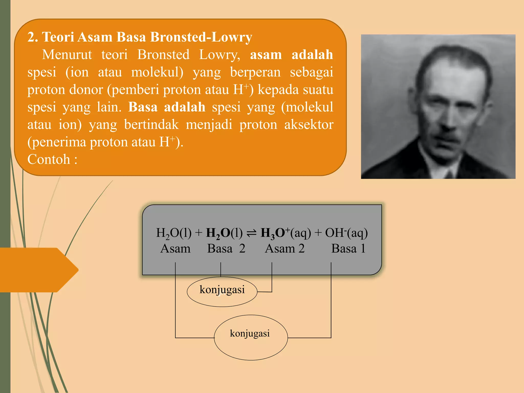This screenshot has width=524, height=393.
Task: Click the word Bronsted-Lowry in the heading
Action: click(x=201, y=37)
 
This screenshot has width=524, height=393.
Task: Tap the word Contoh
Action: click(x=49, y=159)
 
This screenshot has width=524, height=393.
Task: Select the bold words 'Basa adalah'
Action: click(x=167, y=107)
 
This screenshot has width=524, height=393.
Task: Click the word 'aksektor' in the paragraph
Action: click(x=309, y=125)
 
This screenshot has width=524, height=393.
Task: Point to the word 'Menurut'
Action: click(x=67, y=55)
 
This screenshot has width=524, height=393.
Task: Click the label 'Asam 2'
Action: click(x=285, y=248)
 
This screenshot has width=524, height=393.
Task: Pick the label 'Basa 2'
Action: click(x=226, y=248)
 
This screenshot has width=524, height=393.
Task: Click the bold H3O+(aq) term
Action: click(x=286, y=233)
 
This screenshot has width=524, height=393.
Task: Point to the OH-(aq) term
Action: click(x=346, y=233)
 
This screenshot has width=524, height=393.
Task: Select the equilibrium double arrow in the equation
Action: click(x=251, y=234)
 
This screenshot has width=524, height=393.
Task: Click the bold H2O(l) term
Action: click(x=224, y=233)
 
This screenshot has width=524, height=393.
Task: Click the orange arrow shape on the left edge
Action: click(x=38, y=270)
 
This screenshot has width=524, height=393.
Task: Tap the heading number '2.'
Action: click(x=33, y=37)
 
